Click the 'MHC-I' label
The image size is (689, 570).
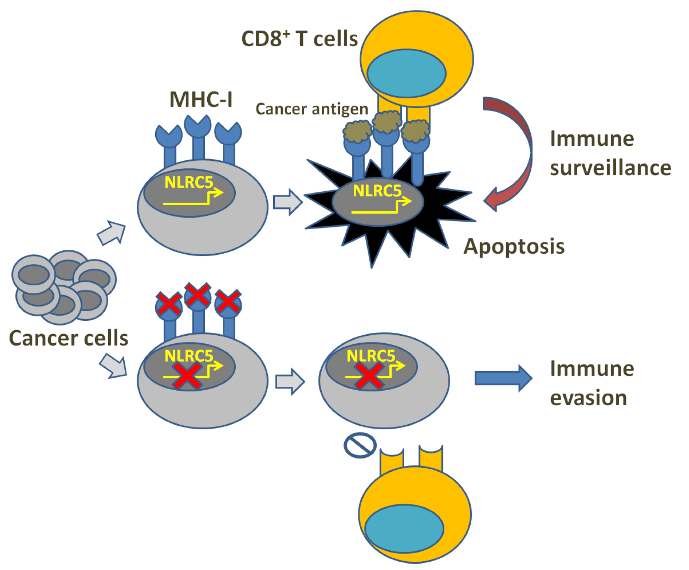[x=201, y=100]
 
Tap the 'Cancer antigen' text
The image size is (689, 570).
[x=312, y=109]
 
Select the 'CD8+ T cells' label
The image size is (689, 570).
[x=299, y=39]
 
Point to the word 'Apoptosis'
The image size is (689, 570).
[x=514, y=246]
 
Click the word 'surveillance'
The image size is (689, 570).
[x=610, y=168]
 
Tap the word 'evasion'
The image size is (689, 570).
[x=588, y=398]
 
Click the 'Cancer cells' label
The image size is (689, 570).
[x=68, y=339]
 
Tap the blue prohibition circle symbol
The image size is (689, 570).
[x=360, y=445]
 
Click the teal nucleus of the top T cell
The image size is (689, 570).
[x=406, y=73]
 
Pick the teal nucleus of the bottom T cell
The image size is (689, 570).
[x=404, y=529]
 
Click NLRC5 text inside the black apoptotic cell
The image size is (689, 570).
[x=377, y=191]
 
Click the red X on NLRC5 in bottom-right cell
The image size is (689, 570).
[x=369, y=375]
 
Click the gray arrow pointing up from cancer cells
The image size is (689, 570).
[x=112, y=233]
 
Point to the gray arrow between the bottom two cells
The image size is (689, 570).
[x=290, y=382]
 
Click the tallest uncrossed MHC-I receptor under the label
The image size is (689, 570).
[x=198, y=138]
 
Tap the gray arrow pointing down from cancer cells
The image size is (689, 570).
[x=114, y=366]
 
